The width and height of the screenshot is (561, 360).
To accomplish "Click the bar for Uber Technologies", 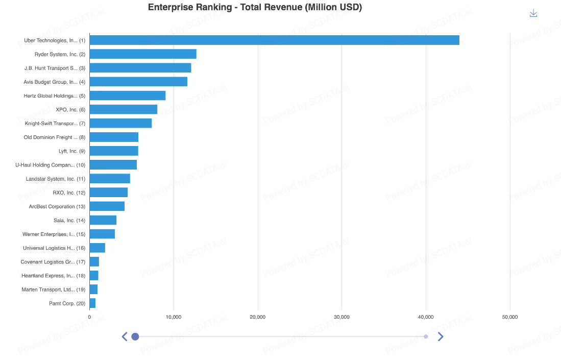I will pyautogui.click(x=274, y=40).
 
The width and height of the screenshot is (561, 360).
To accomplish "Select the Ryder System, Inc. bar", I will pyautogui.click(x=143, y=54).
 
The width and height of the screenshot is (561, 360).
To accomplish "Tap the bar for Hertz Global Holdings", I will pyautogui.click(x=128, y=95).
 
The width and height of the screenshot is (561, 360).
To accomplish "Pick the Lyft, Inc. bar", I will pyautogui.click(x=114, y=151).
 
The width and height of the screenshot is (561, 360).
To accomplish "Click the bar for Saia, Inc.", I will pyautogui.click(x=103, y=220).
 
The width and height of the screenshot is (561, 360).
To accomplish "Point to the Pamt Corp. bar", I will pyautogui.click(x=92, y=303).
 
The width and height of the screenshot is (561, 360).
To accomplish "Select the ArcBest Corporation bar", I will pyautogui.click(x=107, y=206).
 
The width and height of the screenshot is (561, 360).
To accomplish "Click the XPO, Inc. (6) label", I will pyautogui.click(x=70, y=109).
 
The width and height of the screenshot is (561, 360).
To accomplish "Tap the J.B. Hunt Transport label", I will pyautogui.click(x=55, y=68).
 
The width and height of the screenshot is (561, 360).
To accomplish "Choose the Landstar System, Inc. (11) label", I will pyautogui.click(x=56, y=179).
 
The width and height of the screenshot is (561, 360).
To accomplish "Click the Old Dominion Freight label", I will pyautogui.click(x=55, y=137).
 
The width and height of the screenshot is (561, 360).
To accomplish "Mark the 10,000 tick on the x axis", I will pyautogui.click(x=174, y=317).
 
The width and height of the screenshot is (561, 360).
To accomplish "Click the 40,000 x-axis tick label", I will pyautogui.click(x=426, y=317).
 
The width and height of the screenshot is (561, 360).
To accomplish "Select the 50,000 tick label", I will pyautogui.click(x=509, y=317).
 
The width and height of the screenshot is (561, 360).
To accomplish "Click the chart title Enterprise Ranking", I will pyautogui.click(x=255, y=7).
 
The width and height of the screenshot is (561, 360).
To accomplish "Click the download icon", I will pyautogui.click(x=533, y=13).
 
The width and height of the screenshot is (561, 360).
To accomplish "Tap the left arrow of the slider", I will pyautogui.click(x=124, y=337).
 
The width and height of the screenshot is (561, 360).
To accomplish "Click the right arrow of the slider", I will pyautogui.click(x=441, y=337).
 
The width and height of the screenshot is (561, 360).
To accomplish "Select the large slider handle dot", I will pyautogui.click(x=135, y=337).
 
